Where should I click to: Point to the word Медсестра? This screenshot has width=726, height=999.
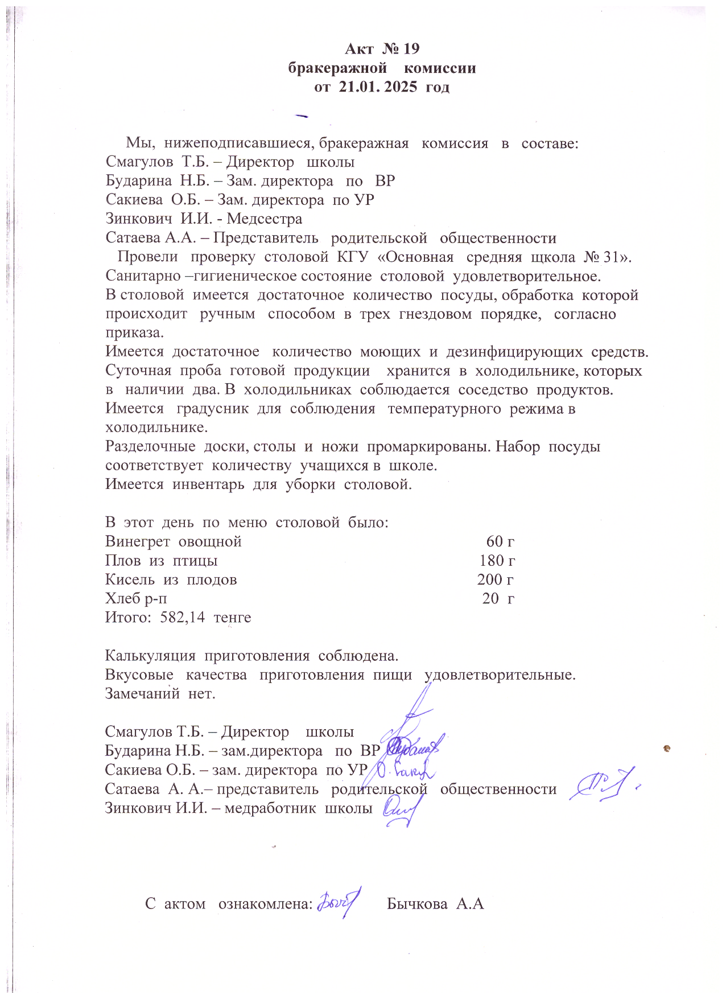[x=265, y=219]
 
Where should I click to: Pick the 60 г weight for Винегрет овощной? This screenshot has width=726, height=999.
[x=500, y=541]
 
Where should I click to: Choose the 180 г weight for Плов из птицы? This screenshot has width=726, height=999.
[x=497, y=561]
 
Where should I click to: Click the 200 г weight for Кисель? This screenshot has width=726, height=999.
[x=495, y=579]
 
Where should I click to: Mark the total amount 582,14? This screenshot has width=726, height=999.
[x=183, y=618]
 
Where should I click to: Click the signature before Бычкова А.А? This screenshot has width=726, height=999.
[x=339, y=902]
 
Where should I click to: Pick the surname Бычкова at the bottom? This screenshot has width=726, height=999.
[x=417, y=904]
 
